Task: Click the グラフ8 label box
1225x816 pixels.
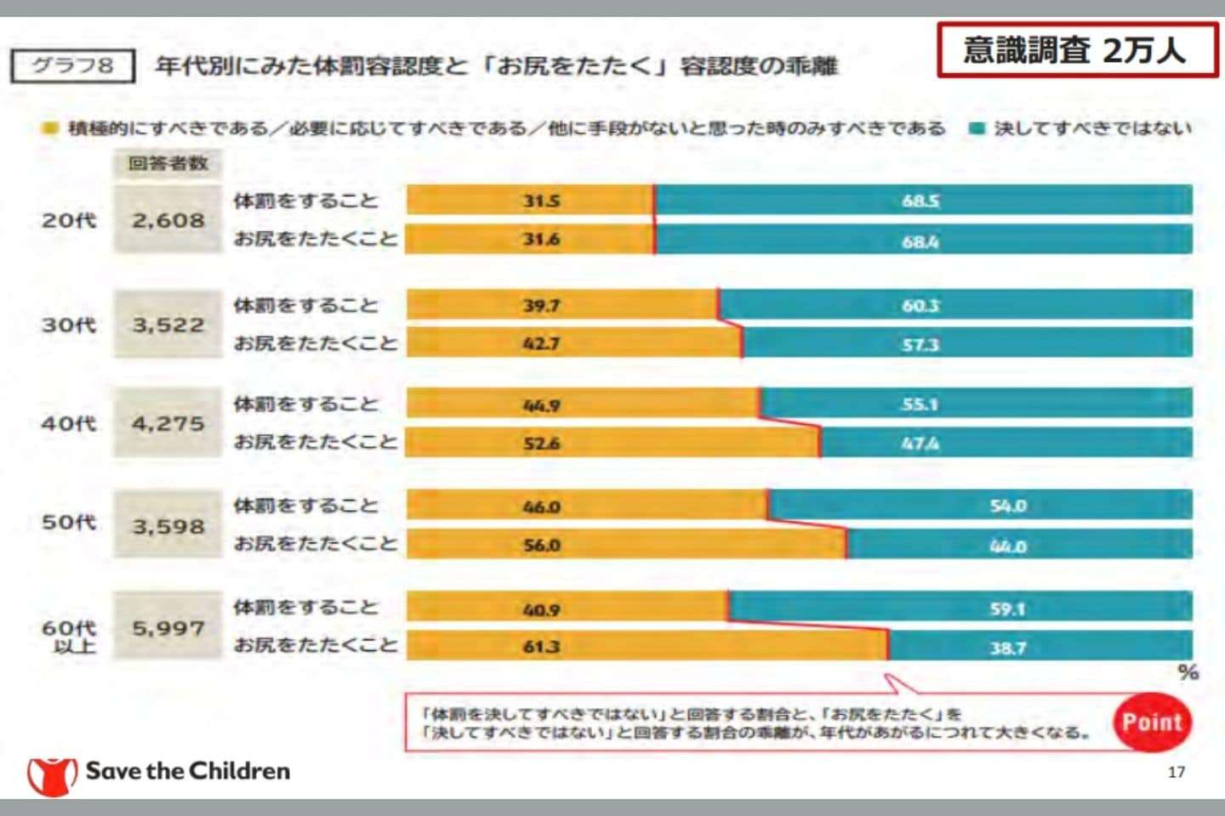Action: pos(72,65)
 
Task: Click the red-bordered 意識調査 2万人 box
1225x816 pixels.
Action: pos(1077,51)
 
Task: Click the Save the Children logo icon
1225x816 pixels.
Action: pos(52,773)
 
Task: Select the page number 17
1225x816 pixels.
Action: pos(1176,772)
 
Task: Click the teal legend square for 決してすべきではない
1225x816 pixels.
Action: pos(977,128)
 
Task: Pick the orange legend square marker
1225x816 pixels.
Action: pos(50,128)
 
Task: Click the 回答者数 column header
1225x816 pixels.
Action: pos(168,163)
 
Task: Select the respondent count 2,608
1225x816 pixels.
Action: pos(168,220)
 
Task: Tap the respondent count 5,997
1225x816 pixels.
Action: pos(168,628)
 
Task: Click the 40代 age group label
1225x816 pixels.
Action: pos(68,423)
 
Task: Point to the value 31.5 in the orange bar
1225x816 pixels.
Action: pos(541,201)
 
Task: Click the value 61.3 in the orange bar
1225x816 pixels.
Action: pos(541,647)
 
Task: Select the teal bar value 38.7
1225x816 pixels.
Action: pos(1007,648)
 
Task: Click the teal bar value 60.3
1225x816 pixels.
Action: pos(920,306)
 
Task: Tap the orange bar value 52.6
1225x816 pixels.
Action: pos(541,444)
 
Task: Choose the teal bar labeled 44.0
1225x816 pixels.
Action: pos(1007,546)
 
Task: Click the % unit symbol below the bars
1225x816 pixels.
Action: pos(1188,672)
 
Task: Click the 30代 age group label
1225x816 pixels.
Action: pos(68,325)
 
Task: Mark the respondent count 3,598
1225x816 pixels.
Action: pos(168,526)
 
